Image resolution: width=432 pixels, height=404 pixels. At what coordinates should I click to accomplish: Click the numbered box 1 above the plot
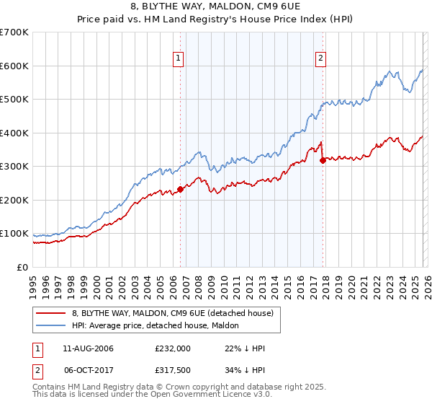pyautogui.click(x=178, y=60)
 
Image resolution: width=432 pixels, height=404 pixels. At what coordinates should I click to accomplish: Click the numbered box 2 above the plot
pyautogui.click(x=320, y=60)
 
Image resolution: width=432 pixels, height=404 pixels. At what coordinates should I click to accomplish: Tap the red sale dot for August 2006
pyautogui.click(x=180, y=189)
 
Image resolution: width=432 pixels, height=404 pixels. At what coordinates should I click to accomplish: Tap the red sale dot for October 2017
pyautogui.click(x=323, y=160)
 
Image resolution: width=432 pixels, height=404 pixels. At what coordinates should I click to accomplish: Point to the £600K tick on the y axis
pyautogui.click(x=14, y=66)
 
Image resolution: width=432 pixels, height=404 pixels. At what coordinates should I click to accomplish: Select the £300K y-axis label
pyautogui.click(x=14, y=167)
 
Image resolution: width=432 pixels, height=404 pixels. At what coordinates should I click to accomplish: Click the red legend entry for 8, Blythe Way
pyautogui.click(x=172, y=313)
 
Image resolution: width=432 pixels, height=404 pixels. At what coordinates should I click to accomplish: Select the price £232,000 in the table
pyautogui.click(x=173, y=348)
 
